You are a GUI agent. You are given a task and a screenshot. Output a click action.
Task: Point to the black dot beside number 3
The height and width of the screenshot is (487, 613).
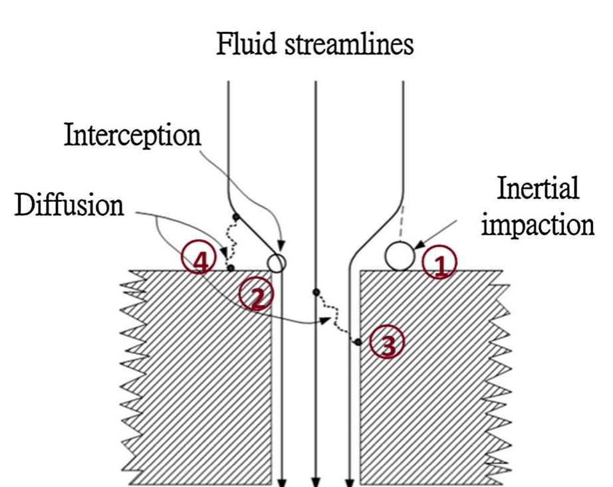pyautogui.click(x=357, y=342)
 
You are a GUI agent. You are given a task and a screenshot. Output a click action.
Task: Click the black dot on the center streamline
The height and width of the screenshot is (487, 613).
pyautogui.click(x=316, y=292)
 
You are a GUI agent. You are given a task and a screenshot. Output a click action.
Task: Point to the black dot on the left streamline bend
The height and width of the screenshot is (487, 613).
pyautogui.click(x=235, y=217)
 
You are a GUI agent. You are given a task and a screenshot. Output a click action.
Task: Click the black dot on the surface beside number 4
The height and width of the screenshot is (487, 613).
pyautogui.click(x=231, y=268)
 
